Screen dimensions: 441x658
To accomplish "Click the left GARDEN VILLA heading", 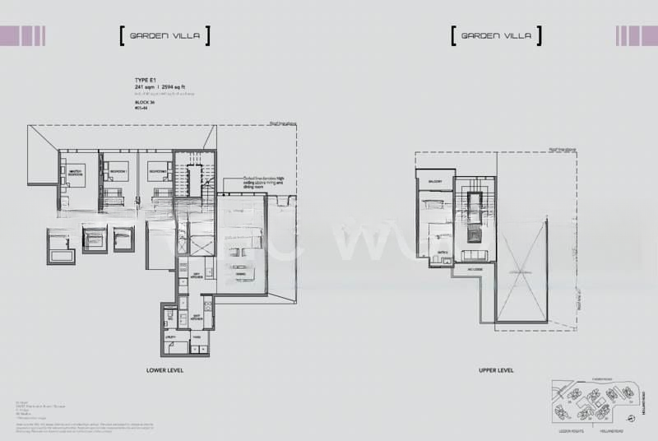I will coord(164,36).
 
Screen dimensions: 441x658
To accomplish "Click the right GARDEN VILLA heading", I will coord(496,36).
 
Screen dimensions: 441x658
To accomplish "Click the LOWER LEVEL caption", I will coord(164,371).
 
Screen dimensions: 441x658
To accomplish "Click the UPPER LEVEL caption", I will coord(496,371).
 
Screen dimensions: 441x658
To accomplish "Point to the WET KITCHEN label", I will coord(197,316).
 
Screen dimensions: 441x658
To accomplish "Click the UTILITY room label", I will coord(172,337).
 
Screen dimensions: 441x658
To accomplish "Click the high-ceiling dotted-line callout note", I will coord(262,183).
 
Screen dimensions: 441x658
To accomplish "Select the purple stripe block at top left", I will coord(22,35).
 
